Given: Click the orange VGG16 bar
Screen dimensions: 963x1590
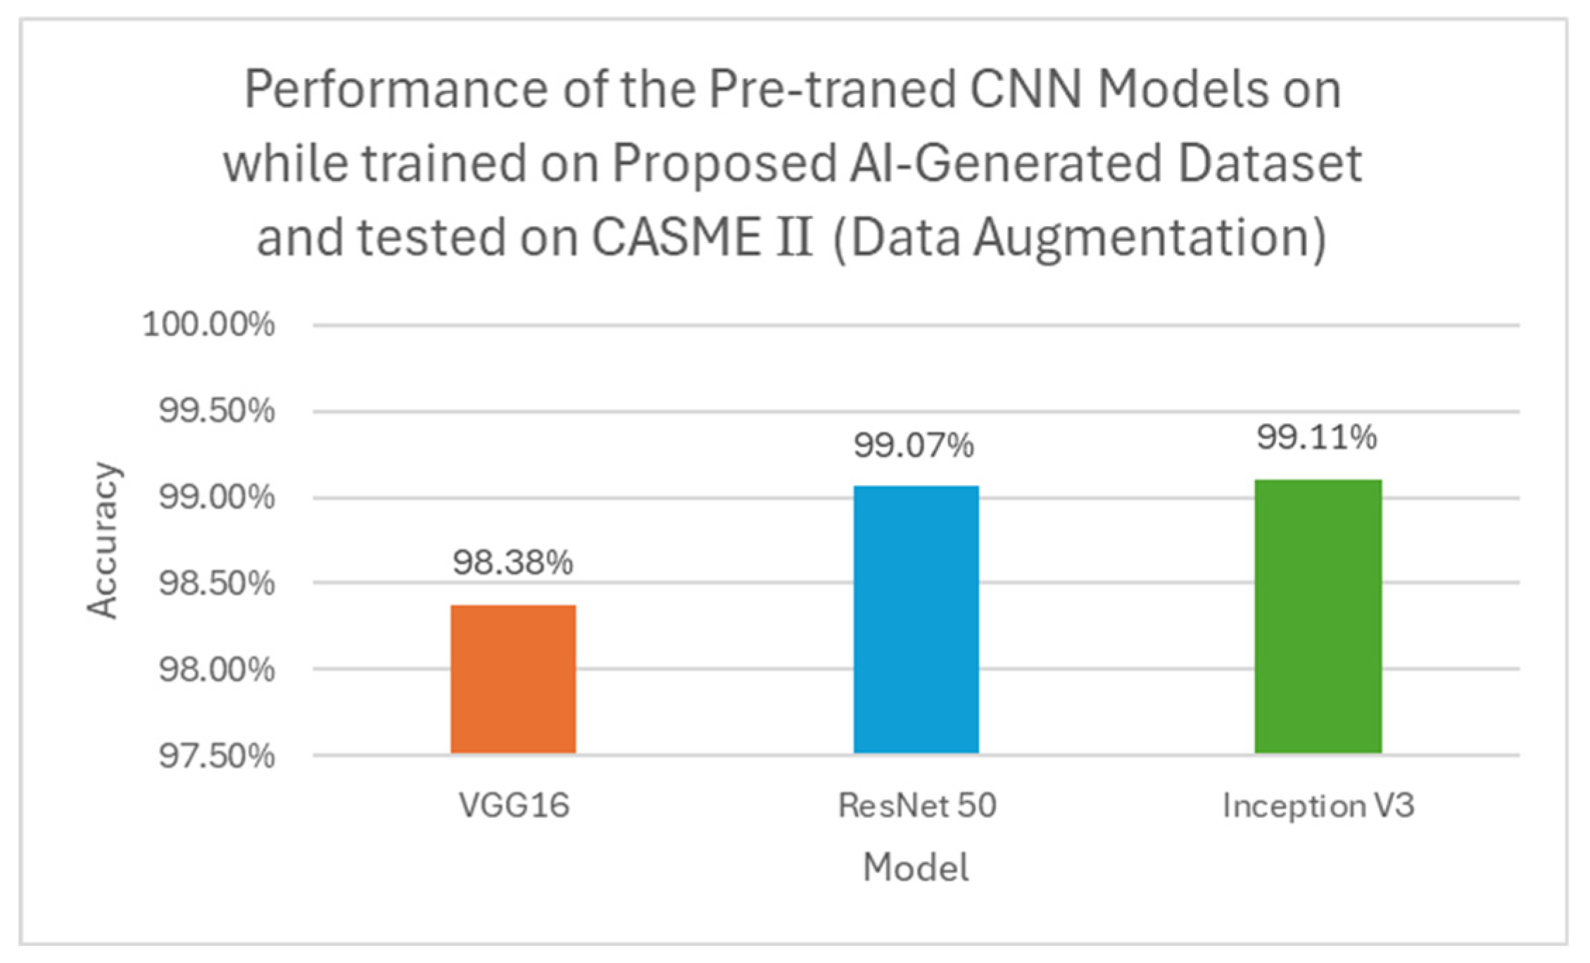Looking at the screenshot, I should pos(513,679).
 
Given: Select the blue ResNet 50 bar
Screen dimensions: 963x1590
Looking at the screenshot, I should pos(916,619).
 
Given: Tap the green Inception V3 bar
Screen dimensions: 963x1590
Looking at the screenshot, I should pos(1318,616).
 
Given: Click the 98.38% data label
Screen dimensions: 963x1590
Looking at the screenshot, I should pos(513,562).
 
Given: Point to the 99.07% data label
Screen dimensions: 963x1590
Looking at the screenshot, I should pos(914,446).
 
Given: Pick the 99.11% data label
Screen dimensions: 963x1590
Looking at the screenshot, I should pos(1317,438).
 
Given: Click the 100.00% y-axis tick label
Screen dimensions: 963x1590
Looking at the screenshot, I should pos(208,325).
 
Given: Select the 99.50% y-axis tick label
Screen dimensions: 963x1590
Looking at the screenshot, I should pos(216,411).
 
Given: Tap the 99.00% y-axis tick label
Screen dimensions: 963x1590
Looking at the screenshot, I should pos(216,498).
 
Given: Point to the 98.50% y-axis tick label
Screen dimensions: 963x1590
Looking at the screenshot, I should pos(216,584).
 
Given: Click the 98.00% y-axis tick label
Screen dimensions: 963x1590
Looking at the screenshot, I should pos(216,669).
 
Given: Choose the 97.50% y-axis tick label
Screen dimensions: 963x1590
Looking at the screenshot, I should pos(216,756).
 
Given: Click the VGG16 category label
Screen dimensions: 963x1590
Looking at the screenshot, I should pos(514,805).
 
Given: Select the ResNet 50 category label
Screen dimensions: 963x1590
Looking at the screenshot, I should pos(917,805).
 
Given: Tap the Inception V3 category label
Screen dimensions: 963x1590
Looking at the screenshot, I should pos(1318,805).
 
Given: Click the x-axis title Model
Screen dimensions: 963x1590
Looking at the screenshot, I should pos(916,867).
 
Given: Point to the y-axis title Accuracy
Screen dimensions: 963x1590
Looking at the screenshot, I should pos(103,541).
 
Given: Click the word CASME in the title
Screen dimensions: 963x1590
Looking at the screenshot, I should pos(674,237).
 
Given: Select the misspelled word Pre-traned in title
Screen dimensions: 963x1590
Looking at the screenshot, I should pos(831,90).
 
